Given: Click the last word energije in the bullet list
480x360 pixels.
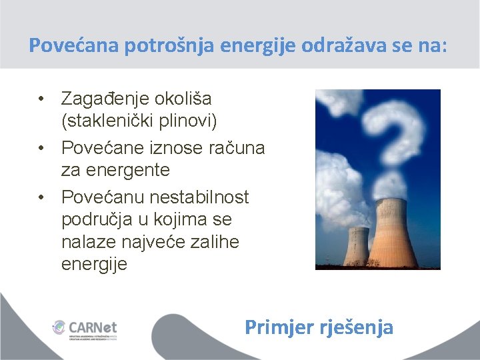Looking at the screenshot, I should tap(94, 264).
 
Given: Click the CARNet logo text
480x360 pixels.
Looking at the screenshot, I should tap(93, 327).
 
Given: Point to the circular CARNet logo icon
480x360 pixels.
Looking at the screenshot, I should tap(59, 328).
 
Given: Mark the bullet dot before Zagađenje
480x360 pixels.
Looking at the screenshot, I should tap(41, 99).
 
